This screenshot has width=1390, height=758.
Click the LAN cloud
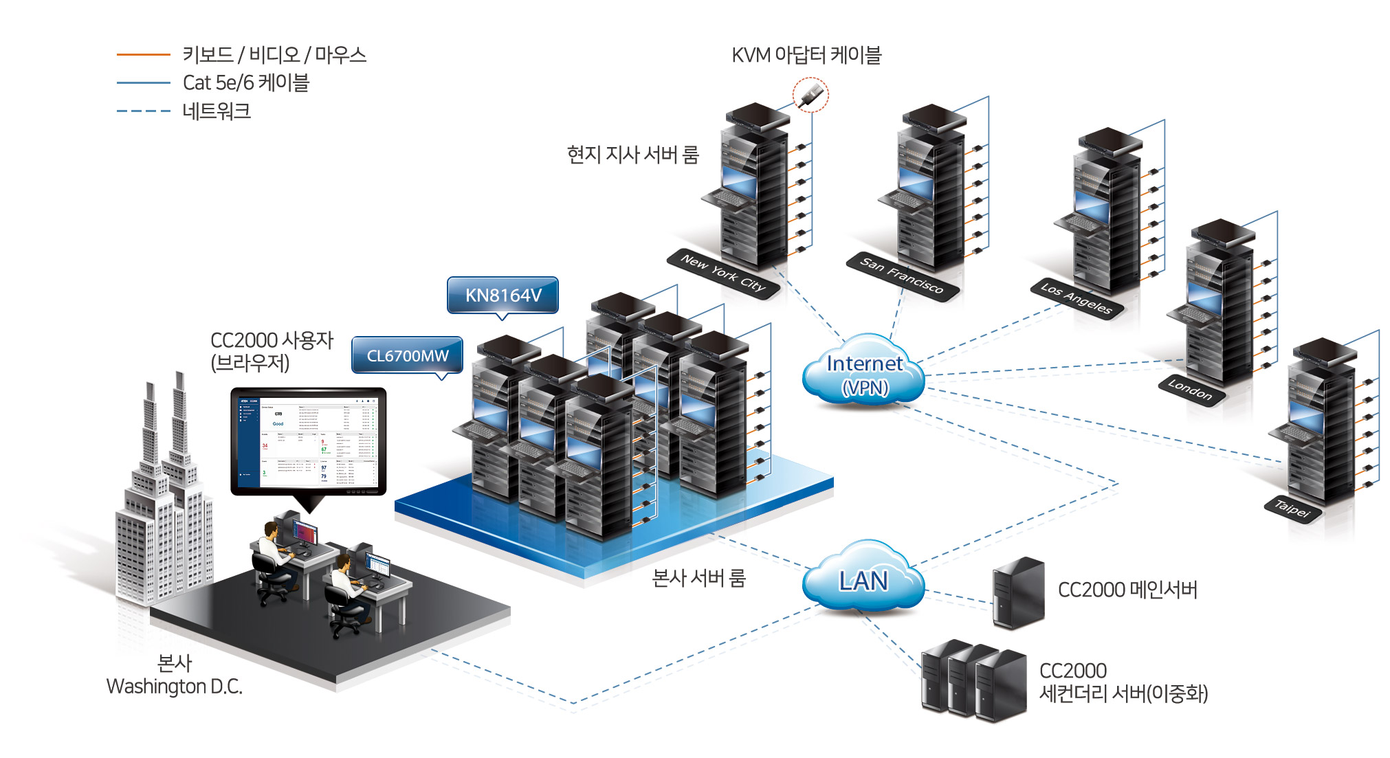(863, 579)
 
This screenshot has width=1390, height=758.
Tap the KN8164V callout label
(503, 295)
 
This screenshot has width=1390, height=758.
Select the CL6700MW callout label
(407, 355)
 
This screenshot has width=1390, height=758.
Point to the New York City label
(722, 273)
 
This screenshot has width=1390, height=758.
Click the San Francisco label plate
(901, 276)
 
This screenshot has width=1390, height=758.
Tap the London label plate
(1190, 389)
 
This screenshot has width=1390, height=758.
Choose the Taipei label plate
(1292, 509)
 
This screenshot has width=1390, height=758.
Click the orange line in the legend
(143, 54)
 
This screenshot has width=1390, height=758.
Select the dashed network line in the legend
(143, 111)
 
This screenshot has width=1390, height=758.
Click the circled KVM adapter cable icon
(810, 95)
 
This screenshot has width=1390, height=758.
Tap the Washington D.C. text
(174, 686)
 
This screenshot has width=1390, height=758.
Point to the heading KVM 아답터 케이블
(806, 55)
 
